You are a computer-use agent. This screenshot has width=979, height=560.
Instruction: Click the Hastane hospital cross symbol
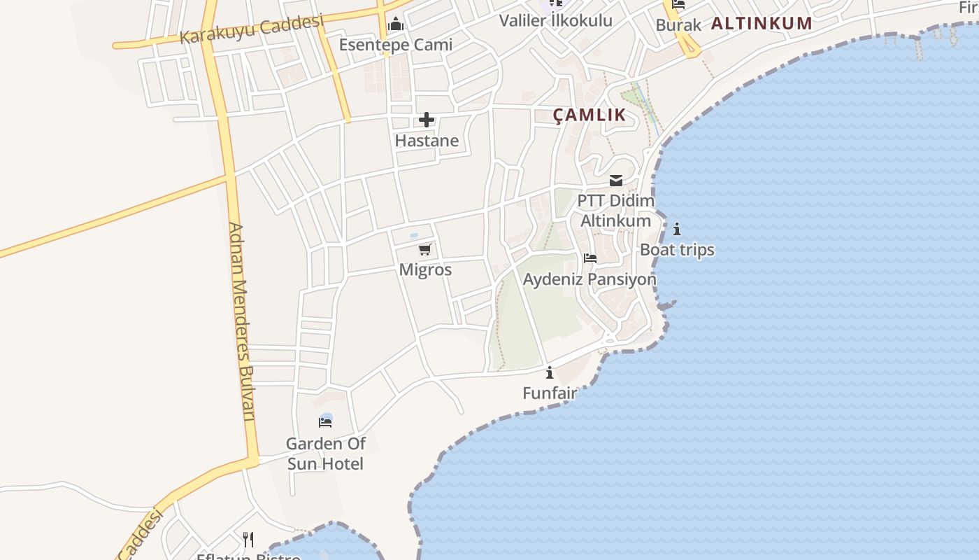pyautogui.click(x=427, y=120)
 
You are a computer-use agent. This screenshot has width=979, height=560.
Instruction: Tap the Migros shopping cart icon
pyautogui.click(x=425, y=249)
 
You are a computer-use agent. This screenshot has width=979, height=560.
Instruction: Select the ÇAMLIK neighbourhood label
pyautogui.click(x=589, y=115)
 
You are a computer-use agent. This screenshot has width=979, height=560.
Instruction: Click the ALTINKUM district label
pyautogui.click(x=762, y=23)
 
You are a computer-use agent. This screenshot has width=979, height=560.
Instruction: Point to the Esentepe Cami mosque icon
pyautogui.click(x=396, y=24)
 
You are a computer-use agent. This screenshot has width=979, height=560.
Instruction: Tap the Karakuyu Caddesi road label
pyautogui.click(x=252, y=29)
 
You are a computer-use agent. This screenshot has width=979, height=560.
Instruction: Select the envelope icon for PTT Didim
pyautogui.click(x=616, y=181)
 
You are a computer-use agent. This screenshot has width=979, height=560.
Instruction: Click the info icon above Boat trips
pyautogui.click(x=677, y=229)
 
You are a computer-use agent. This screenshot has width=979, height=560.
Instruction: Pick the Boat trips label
pyautogui.click(x=677, y=250)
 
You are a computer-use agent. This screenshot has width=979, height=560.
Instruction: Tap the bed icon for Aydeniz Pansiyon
pyautogui.click(x=590, y=258)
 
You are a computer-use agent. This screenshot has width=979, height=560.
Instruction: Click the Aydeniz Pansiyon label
pyautogui.click(x=589, y=279)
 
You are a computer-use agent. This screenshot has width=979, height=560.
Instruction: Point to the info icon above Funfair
pyautogui.click(x=550, y=372)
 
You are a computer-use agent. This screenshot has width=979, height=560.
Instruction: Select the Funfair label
pyautogui.click(x=550, y=393)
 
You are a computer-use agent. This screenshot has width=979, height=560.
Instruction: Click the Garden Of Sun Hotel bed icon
pyautogui.click(x=325, y=421)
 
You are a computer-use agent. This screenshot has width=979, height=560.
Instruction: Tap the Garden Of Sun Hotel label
pyautogui.click(x=325, y=454)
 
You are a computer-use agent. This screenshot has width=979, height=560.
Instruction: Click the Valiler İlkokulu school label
pyautogui.click(x=555, y=20)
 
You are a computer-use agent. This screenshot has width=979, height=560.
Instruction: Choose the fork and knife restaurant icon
pyautogui.click(x=248, y=539)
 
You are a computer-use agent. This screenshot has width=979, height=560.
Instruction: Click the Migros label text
pyautogui.click(x=425, y=269)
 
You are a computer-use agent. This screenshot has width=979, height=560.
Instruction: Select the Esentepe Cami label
pyautogui.click(x=396, y=45)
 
